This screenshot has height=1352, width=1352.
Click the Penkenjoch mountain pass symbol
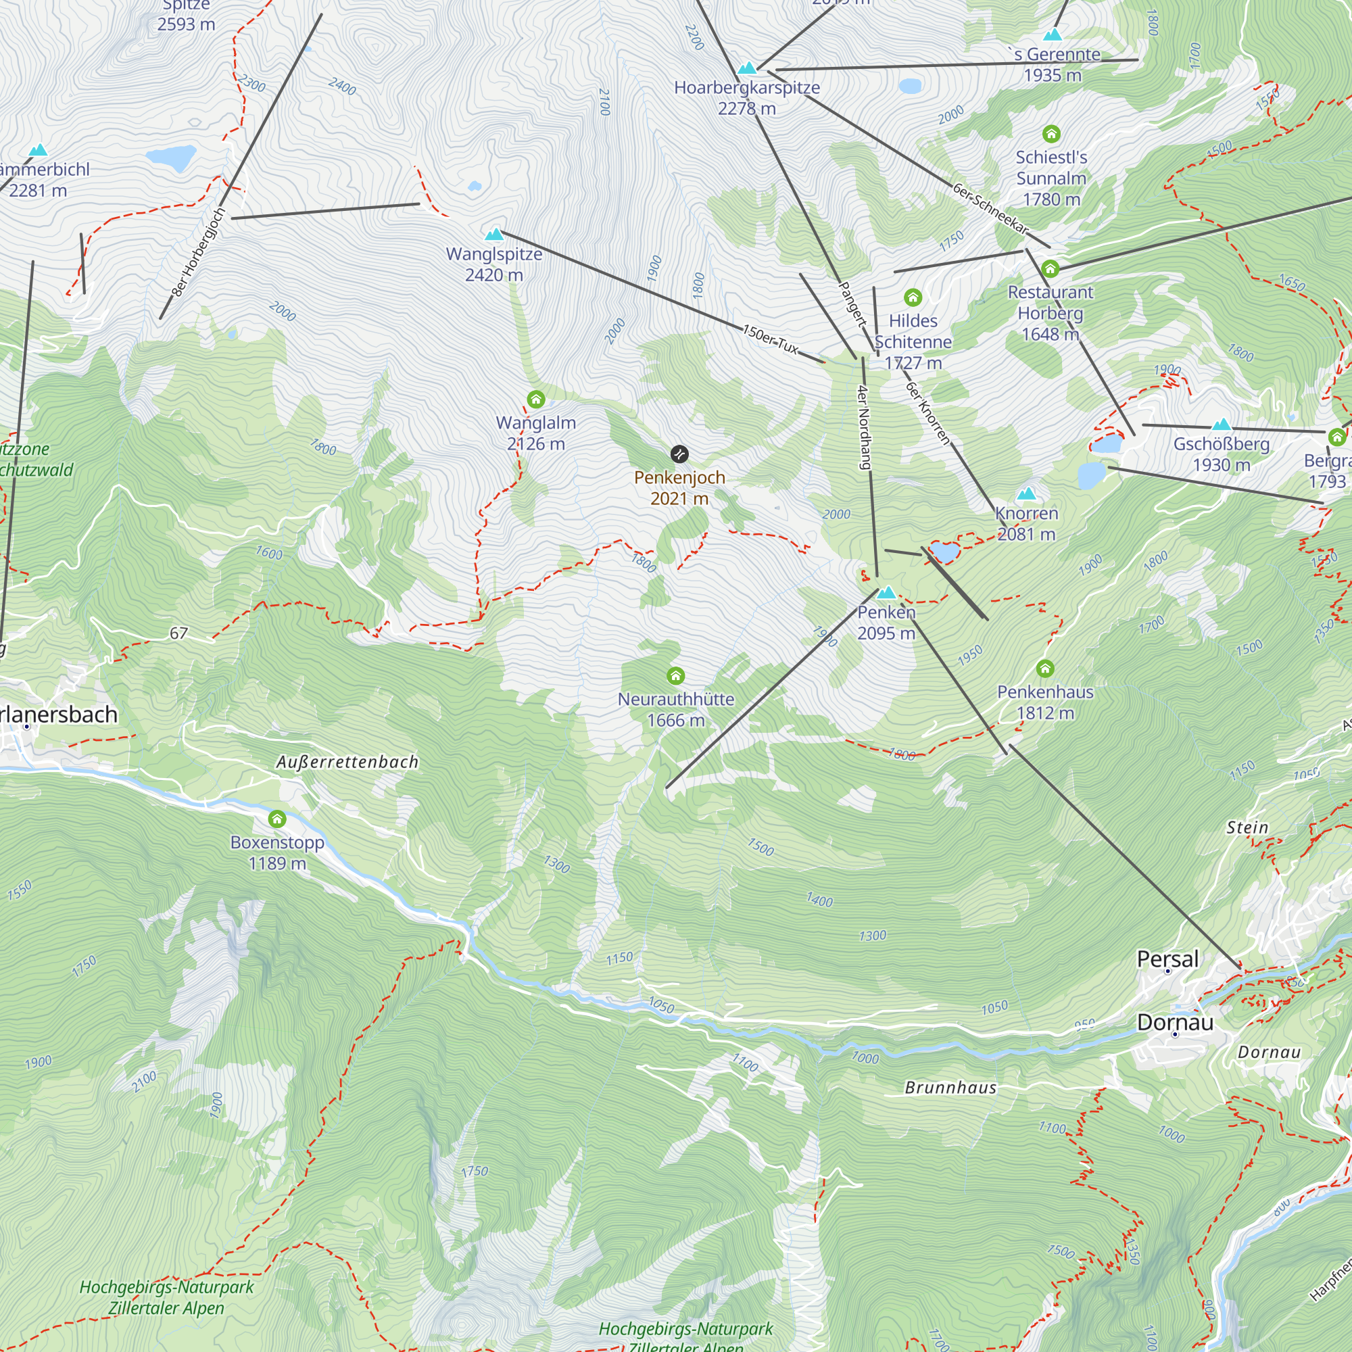679,454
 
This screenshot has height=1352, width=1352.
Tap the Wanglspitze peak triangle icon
495,234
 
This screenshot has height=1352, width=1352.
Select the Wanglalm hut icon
536,400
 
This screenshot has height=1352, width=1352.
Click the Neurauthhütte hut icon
675,675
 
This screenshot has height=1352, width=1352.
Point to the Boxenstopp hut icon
277,819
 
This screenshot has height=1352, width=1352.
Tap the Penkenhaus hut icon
1045,669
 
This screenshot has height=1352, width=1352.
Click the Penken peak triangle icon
887,592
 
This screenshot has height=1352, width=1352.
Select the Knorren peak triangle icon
1026,493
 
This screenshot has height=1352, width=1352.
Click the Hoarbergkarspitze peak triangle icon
748,68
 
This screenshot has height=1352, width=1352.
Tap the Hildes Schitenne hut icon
913,298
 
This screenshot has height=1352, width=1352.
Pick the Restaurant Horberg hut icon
1050,269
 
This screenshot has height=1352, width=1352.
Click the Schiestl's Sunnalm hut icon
1051,134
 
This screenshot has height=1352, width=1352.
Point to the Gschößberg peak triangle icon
1221,424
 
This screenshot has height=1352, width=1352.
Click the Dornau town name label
1175,1022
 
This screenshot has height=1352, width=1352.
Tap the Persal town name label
1167,959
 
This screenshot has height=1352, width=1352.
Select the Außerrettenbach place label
347,762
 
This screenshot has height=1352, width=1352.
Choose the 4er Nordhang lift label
864,427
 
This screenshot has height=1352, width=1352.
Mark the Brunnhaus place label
950,1088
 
